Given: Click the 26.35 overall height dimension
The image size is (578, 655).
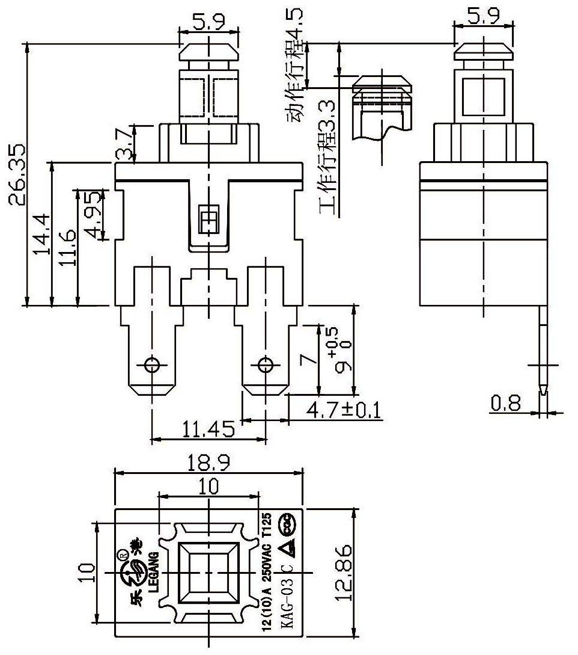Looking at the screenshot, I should pyautogui.click(x=16, y=174).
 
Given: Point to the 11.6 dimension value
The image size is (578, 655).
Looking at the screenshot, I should pyautogui.click(x=68, y=247).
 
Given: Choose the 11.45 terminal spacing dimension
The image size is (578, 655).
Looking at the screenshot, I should pyautogui.click(x=208, y=429).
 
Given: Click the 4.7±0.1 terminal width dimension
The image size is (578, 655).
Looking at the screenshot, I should pyautogui.click(x=343, y=411).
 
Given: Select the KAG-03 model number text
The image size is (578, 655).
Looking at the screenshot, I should pyautogui.click(x=287, y=604).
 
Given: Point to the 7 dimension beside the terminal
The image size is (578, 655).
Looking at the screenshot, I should pyautogui.click(x=308, y=359).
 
